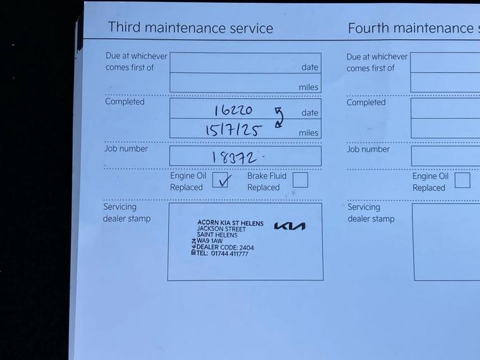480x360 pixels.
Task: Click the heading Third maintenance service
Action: pyautogui.click(x=190, y=28)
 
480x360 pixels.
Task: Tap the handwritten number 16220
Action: pyautogui.click(x=233, y=110)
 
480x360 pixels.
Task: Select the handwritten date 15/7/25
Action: pyautogui.click(x=234, y=130)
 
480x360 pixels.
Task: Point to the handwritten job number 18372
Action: pyautogui.click(x=235, y=158)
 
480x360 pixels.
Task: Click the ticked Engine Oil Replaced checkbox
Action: pyautogui.click(x=220, y=180)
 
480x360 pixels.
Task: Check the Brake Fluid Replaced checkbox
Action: pyautogui.click(x=300, y=180)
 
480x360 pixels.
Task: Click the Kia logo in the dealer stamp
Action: pyautogui.click(x=290, y=226)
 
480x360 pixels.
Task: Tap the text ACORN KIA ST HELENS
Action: pyautogui.click(x=230, y=223)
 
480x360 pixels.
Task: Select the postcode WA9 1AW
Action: pyautogui.click(x=210, y=241)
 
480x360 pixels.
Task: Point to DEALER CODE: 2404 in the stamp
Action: pyautogui.click(x=225, y=247)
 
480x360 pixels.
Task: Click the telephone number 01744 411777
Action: pyautogui.click(x=230, y=254)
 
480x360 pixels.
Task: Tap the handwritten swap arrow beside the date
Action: pyautogui.click(x=279, y=117)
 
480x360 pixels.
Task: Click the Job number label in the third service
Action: pyautogui.click(x=126, y=149)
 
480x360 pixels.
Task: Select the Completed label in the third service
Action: pyautogui.click(x=125, y=102)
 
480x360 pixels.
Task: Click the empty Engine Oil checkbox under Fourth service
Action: pyautogui.click(x=462, y=180)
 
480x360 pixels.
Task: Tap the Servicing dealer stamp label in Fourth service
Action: pyautogui.click(x=371, y=213)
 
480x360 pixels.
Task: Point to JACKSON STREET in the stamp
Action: pyautogui.click(x=221, y=229)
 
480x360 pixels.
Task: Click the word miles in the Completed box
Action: pyautogui.click(x=309, y=133)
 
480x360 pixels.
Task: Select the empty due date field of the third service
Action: pyautogui.click(x=245, y=63)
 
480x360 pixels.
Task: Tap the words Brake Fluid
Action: pyautogui.click(x=267, y=176)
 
